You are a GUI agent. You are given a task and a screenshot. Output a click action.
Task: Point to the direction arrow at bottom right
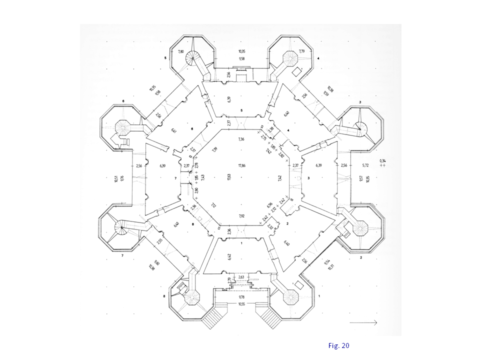click(x=363, y=323)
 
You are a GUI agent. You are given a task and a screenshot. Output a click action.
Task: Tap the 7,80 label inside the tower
click(x=181, y=51)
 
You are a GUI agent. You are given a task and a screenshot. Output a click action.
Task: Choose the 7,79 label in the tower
click(x=302, y=51)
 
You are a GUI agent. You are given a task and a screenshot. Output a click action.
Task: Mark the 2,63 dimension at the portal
click(x=241, y=276)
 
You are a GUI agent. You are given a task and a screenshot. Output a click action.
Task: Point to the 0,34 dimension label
click(x=383, y=160)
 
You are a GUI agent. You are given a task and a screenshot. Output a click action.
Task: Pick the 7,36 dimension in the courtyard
click(x=241, y=139)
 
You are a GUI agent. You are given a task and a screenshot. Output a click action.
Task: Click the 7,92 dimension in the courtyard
click(x=241, y=216)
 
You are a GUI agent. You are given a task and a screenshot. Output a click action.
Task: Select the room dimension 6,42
click(x=229, y=257)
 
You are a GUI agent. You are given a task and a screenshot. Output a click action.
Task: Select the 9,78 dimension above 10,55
click(x=241, y=296)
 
